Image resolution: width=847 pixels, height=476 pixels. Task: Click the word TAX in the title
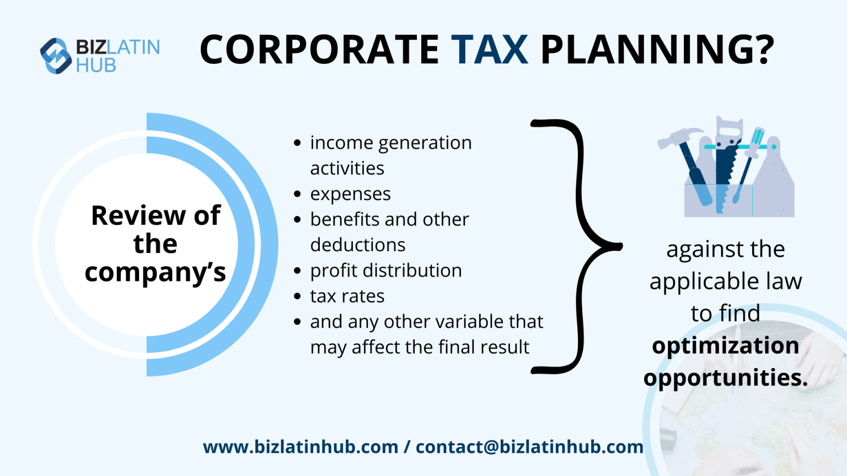point(489,50)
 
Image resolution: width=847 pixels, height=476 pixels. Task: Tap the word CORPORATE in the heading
point(319,50)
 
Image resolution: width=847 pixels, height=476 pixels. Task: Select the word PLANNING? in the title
point(657,50)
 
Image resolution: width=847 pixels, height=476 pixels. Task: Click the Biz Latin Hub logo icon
point(56,56)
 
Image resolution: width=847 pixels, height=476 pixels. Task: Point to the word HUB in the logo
point(96,66)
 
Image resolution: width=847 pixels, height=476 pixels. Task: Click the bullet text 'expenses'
point(350,194)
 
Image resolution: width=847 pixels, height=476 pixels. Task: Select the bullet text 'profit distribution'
point(386,271)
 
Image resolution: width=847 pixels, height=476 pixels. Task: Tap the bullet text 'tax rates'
point(347,296)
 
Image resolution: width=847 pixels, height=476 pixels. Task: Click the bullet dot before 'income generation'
point(298,143)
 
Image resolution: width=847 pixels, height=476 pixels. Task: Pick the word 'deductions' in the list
point(358,245)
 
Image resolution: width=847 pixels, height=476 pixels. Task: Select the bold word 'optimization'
point(725,346)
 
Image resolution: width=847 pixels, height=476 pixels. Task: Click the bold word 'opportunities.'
point(725,378)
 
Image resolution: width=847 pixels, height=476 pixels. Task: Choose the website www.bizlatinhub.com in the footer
point(301,447)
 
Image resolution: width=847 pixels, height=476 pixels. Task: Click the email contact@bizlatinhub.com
point(529,447)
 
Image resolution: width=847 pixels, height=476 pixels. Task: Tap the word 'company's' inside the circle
point(156,272)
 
